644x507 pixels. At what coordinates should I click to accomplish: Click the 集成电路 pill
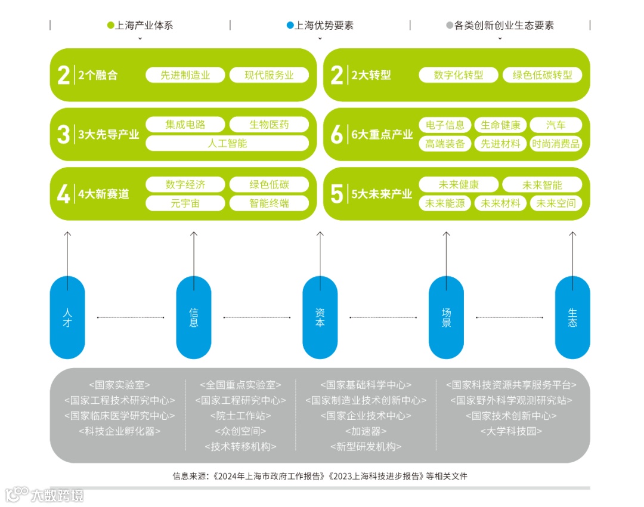tap(185, 125)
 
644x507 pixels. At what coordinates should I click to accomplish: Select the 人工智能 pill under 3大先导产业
tap(227, 143)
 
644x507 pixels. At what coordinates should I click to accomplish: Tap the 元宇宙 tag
tap(185, 203)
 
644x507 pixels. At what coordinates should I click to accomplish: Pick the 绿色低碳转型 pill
tap(542, 75)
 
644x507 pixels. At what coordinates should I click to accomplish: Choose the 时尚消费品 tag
tap(556, 144)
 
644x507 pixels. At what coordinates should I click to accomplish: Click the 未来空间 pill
tap(556, 203)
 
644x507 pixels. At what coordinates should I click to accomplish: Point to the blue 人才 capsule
tap(67, 317)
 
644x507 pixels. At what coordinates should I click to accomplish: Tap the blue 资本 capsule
tap(320, 317)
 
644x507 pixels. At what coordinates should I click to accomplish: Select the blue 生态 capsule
tap(572, 317)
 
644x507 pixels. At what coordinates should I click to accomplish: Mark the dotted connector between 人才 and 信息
tap(131, 317)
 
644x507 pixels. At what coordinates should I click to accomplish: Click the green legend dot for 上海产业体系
tap(110, 26)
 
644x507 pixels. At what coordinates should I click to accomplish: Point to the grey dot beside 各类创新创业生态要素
tap(450, 26)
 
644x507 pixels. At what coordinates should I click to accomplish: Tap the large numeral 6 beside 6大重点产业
tap(337, 134)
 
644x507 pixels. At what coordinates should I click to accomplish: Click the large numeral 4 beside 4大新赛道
tap(63, 194)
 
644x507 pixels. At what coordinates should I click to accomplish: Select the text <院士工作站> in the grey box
tap(240, 416)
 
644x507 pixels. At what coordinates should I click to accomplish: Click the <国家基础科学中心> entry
tap(366, 385)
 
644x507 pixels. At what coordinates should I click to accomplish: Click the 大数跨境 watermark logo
tap(45, 494)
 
